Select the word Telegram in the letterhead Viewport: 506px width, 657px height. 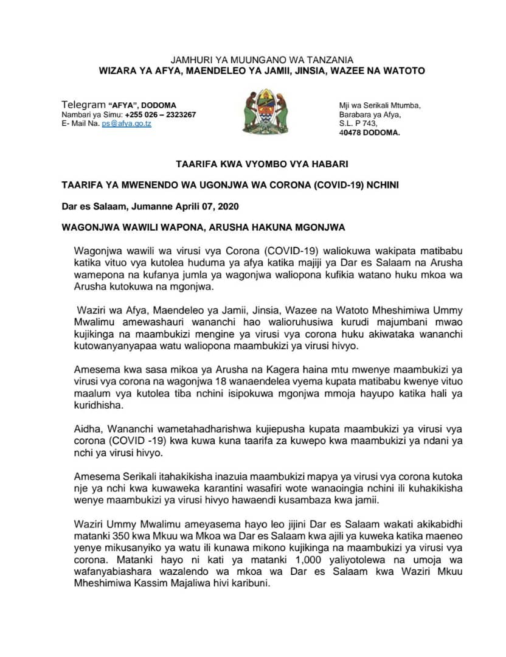[x=83, y=105]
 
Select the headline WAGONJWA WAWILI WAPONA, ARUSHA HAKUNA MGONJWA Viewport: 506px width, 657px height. [x=203, y=228]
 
